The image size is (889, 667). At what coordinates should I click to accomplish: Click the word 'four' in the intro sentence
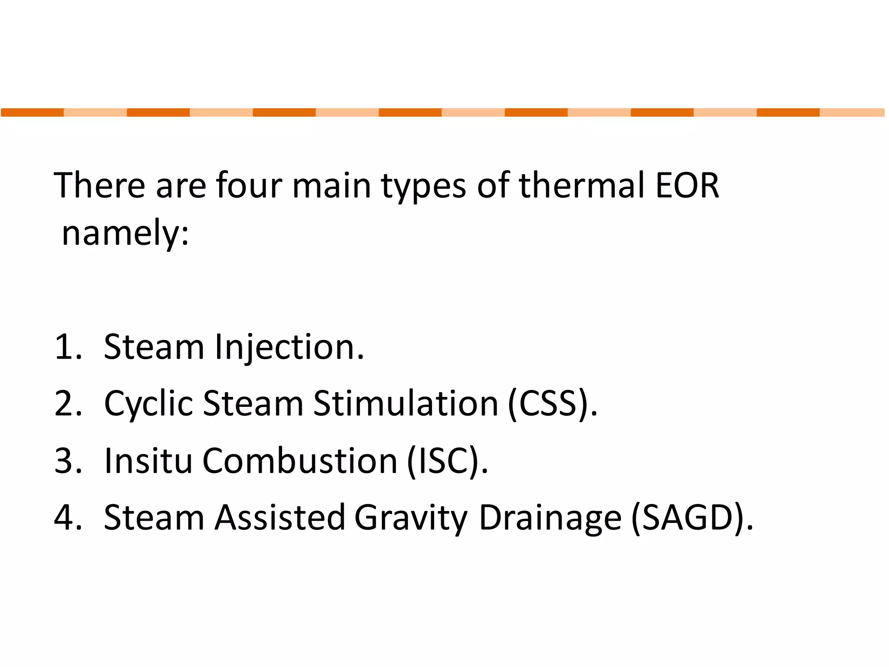[x=249, y=185]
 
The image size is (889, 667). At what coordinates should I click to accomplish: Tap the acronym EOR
[x=687, y=185]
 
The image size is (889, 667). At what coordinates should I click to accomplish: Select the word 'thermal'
[x=581, y=185]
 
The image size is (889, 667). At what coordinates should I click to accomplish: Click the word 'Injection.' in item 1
[x=290, y=347]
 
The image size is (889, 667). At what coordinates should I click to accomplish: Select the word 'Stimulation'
[x=406, y=404]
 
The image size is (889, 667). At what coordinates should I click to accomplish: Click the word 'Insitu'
[x=148, y=461]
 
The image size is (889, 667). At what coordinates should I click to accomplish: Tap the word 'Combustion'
[x=300, y=461]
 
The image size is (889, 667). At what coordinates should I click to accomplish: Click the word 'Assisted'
[x=280, y=518]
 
